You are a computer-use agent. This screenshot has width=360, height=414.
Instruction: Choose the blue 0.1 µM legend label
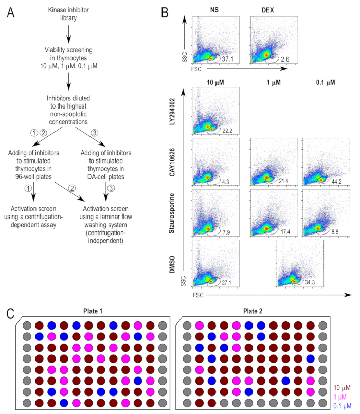point(343,404)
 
